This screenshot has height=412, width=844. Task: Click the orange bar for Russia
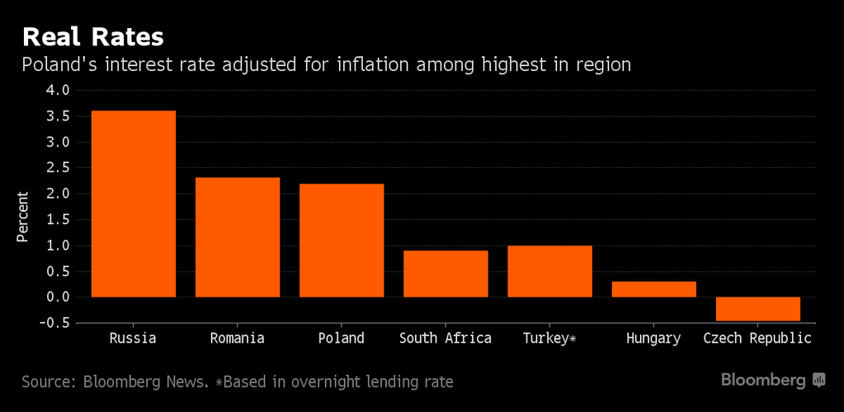(x=133, y=204)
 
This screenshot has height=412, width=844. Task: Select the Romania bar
(x=237, y=237)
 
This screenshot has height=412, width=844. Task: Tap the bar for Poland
(x=342, y=240)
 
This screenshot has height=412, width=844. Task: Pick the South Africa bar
(x=446, y=274)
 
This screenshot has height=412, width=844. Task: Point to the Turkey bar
(x=549, y=271)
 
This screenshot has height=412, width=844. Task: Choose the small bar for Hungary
(x=653, y=289)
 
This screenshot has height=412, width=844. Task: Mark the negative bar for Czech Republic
(x=757, y=309)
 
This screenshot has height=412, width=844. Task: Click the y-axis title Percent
(x=22, y=217)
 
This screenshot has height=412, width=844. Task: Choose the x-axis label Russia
(x=133, y=339)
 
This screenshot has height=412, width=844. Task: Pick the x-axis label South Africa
(x=446, y=339)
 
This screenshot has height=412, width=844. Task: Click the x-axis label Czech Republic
(x=757, y=339)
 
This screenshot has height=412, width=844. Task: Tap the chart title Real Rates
(x=92, y=37)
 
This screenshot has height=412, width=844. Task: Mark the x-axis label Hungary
(x=653, y=339)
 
